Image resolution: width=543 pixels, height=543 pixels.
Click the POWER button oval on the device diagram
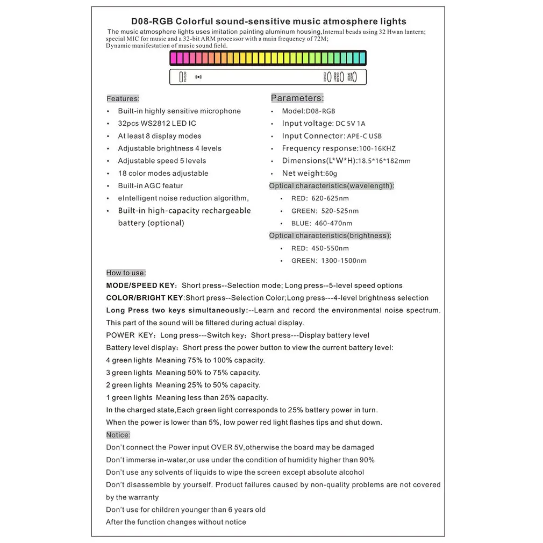point(329,77)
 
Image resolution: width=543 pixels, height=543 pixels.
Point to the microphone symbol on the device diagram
point(199,77)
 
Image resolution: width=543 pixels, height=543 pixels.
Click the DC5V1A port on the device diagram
point(181,77)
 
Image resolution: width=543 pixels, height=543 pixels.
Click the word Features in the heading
point(123,98)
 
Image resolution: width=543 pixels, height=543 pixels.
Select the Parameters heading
point(297,98)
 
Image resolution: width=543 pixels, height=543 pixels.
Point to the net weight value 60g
point(331,174)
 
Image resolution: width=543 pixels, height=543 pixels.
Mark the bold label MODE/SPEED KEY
point(141,285)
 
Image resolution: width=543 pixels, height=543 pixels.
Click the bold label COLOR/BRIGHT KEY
point(145,298)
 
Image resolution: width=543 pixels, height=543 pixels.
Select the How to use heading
point(126,273)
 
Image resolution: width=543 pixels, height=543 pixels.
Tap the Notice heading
point(118,434)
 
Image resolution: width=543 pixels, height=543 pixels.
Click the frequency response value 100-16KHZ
point(377,148)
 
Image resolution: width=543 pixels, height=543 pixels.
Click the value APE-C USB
point(364,136)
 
